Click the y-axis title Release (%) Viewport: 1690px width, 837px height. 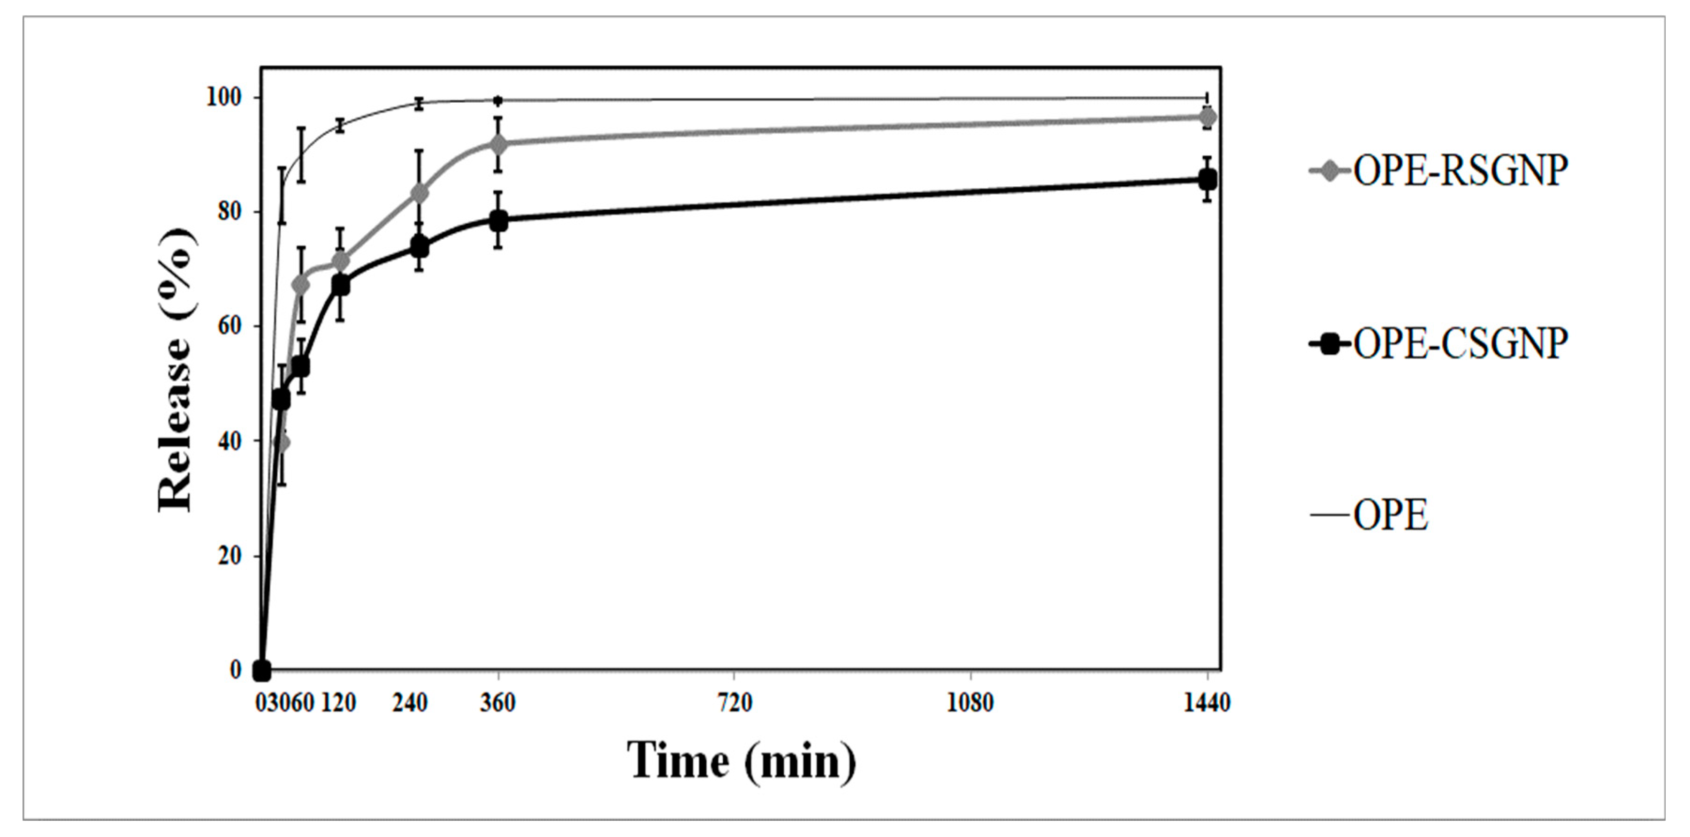(176, 369)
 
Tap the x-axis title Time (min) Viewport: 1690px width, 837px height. (742, 761)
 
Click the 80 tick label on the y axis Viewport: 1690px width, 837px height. (228, 212)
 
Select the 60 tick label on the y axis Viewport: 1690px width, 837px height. (228, 326)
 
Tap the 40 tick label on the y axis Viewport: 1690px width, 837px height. (228, 441)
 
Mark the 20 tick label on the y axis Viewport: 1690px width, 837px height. (228, 555)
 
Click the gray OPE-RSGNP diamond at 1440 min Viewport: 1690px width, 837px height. (1207, 117)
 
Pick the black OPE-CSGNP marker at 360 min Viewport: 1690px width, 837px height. (498, 221)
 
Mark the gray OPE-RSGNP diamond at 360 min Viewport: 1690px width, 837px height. (498, 144)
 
